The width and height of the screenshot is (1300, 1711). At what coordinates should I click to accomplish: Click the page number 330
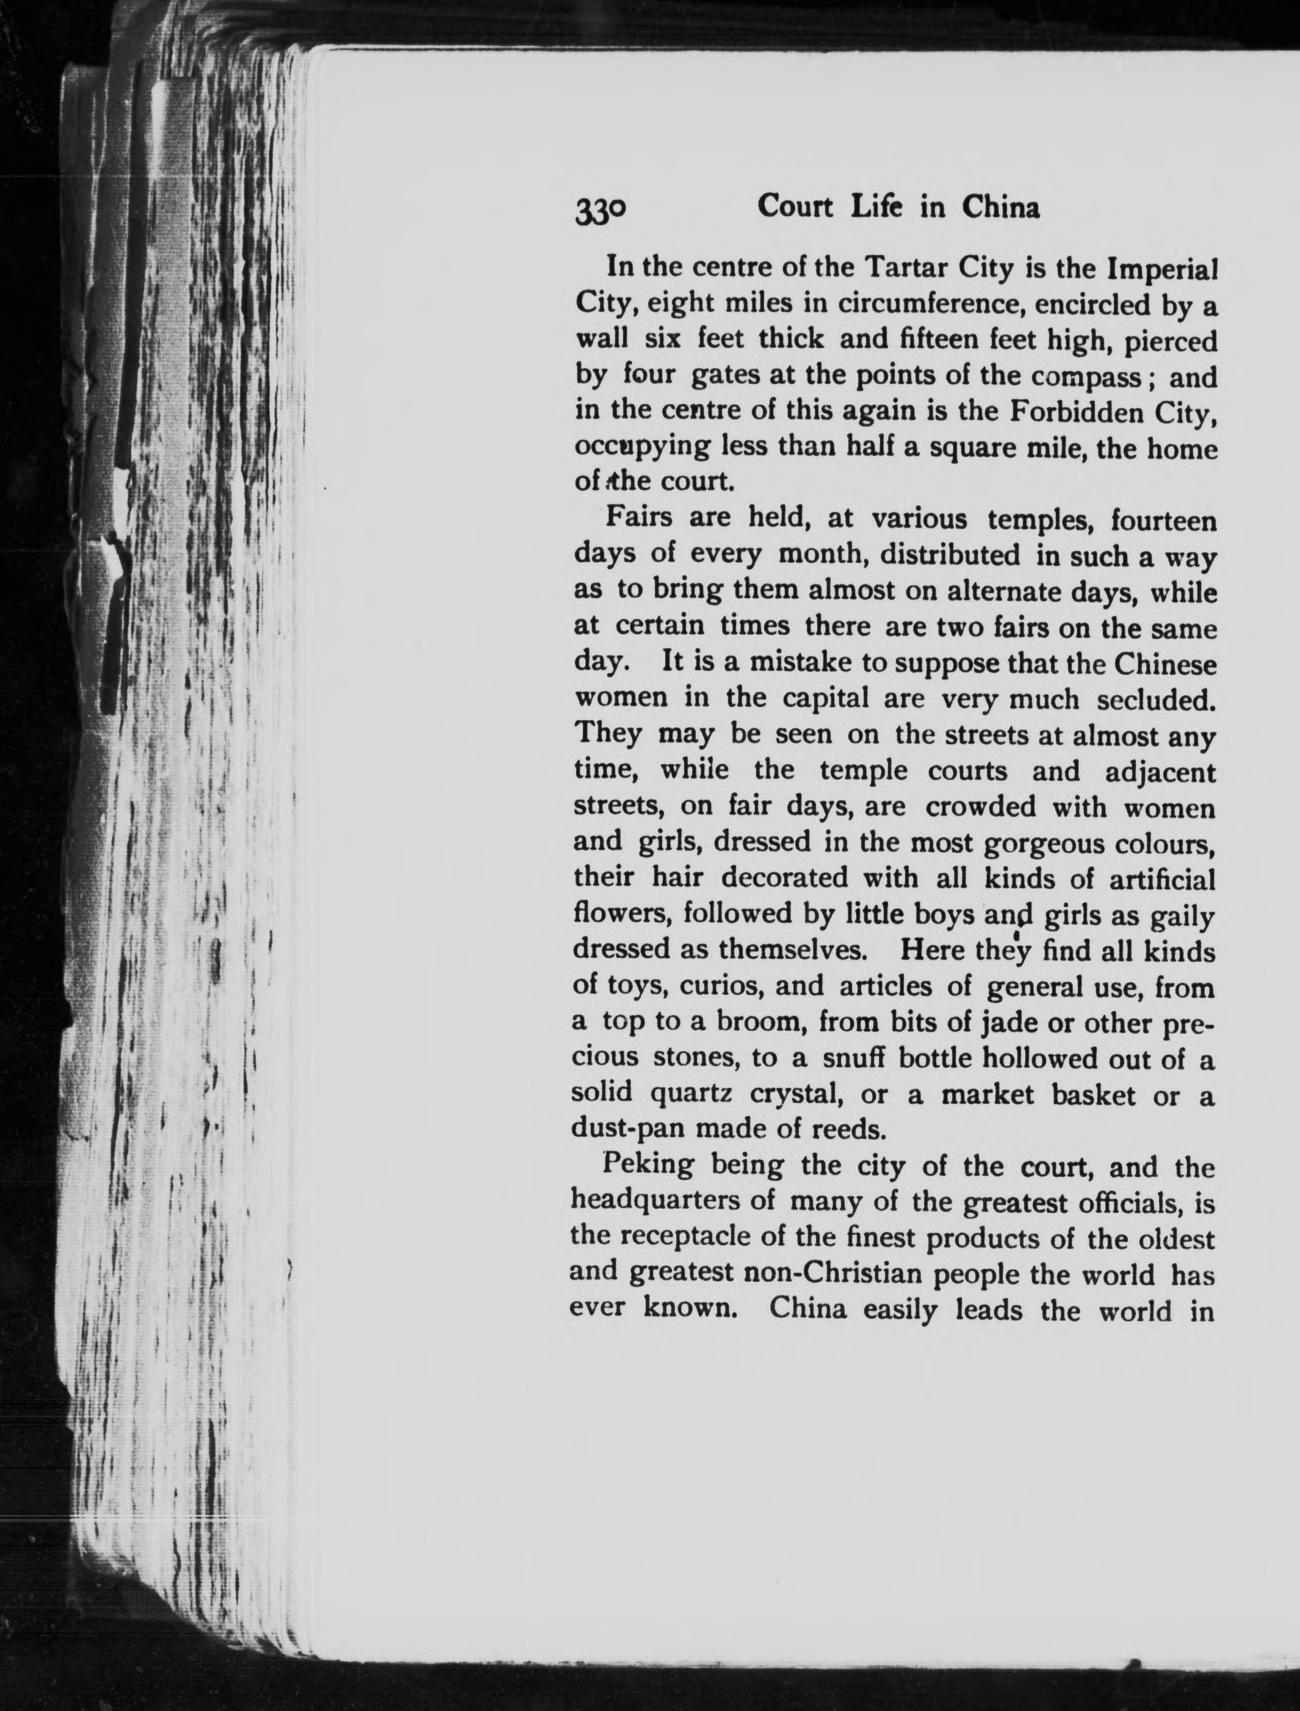[x=601, y=211]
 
